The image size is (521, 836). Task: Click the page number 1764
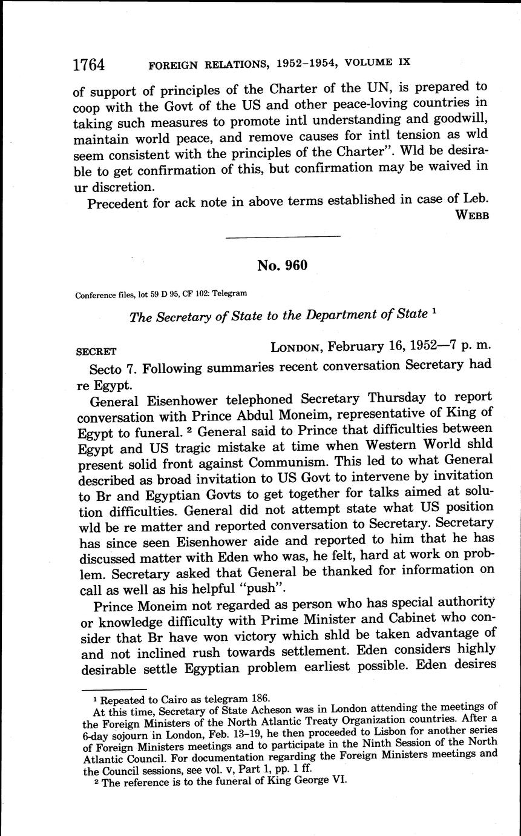tap(89, 64)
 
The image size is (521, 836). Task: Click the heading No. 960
tap(282, 265)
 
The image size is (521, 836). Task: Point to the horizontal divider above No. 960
tap(283, 236)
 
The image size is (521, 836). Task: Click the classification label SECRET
tap(96, 351)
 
